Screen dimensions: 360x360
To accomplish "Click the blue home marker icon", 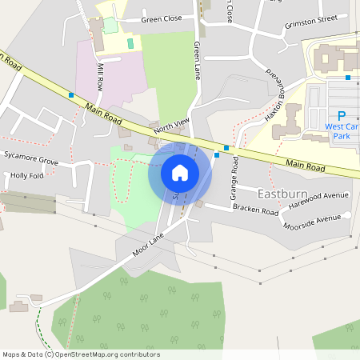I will pos(180,172).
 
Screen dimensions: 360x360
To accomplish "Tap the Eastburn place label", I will pos(282,194).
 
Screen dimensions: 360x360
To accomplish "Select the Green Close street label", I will pos(162,18).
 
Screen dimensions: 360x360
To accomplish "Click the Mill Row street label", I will pos(100,75).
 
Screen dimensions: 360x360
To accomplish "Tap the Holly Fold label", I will pos(27,175).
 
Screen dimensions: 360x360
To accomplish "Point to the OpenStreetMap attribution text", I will pos(81,354).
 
